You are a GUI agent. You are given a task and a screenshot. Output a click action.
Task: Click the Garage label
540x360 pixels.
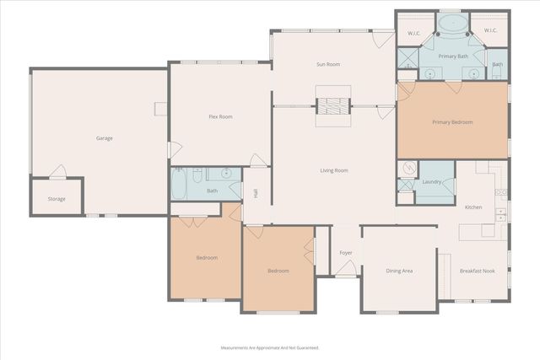[104, 138]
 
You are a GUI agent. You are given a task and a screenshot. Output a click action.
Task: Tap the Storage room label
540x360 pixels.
[56, 199]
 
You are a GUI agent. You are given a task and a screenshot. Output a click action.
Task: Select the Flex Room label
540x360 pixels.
[220, 116]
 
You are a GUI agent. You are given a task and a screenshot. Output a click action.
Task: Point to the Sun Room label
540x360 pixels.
[327, 64]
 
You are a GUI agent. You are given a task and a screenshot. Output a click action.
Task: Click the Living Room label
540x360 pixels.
[333, 170]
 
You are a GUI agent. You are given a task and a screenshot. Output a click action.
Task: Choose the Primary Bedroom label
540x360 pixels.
[452, 122]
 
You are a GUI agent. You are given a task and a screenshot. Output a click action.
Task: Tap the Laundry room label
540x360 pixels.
[434, 181]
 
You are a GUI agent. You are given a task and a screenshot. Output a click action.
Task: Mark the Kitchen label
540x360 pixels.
[473, 207]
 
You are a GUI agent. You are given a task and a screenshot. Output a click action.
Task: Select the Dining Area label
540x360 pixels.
[399, 271]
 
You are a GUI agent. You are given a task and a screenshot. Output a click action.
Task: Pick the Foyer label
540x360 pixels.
[346, 252]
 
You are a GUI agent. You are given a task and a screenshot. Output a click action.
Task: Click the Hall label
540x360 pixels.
[256, 193]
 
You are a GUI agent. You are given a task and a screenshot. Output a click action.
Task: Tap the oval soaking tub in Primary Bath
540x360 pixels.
[452, 23]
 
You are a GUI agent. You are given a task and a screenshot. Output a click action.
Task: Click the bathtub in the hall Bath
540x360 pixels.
[181, 184]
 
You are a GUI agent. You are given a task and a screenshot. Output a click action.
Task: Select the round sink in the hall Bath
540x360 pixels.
[226, 174]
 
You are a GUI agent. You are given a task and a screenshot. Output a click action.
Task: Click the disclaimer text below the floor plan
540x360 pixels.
[270, 347]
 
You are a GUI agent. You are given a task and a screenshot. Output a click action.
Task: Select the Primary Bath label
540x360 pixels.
[452, 56]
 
